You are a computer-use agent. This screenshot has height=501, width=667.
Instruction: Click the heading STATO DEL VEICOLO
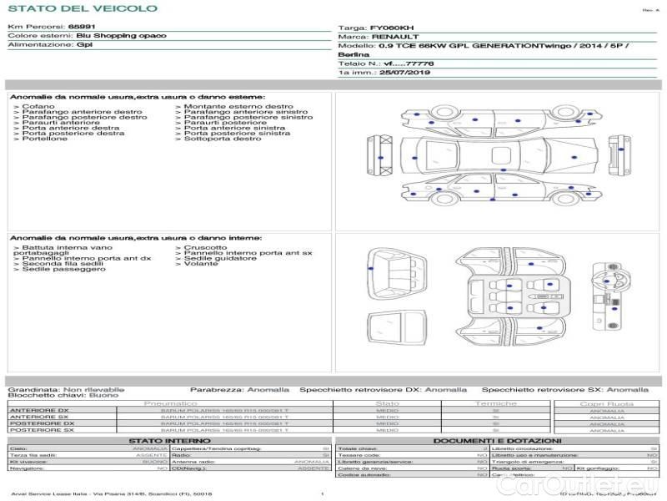coord(82,8)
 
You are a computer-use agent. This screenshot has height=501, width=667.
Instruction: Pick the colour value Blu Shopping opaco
coord(121,36)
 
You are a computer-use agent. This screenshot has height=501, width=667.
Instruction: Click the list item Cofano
coord(38,107)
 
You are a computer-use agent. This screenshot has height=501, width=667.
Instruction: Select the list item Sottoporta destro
coord(222,139)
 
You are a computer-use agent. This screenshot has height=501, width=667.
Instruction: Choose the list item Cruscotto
coord(204,247)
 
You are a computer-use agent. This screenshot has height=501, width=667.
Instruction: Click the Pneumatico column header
coord(170,403)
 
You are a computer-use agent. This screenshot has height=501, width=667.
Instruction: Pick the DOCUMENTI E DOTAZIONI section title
coord(497,440)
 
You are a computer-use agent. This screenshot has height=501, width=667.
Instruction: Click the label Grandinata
coord(33,389)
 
